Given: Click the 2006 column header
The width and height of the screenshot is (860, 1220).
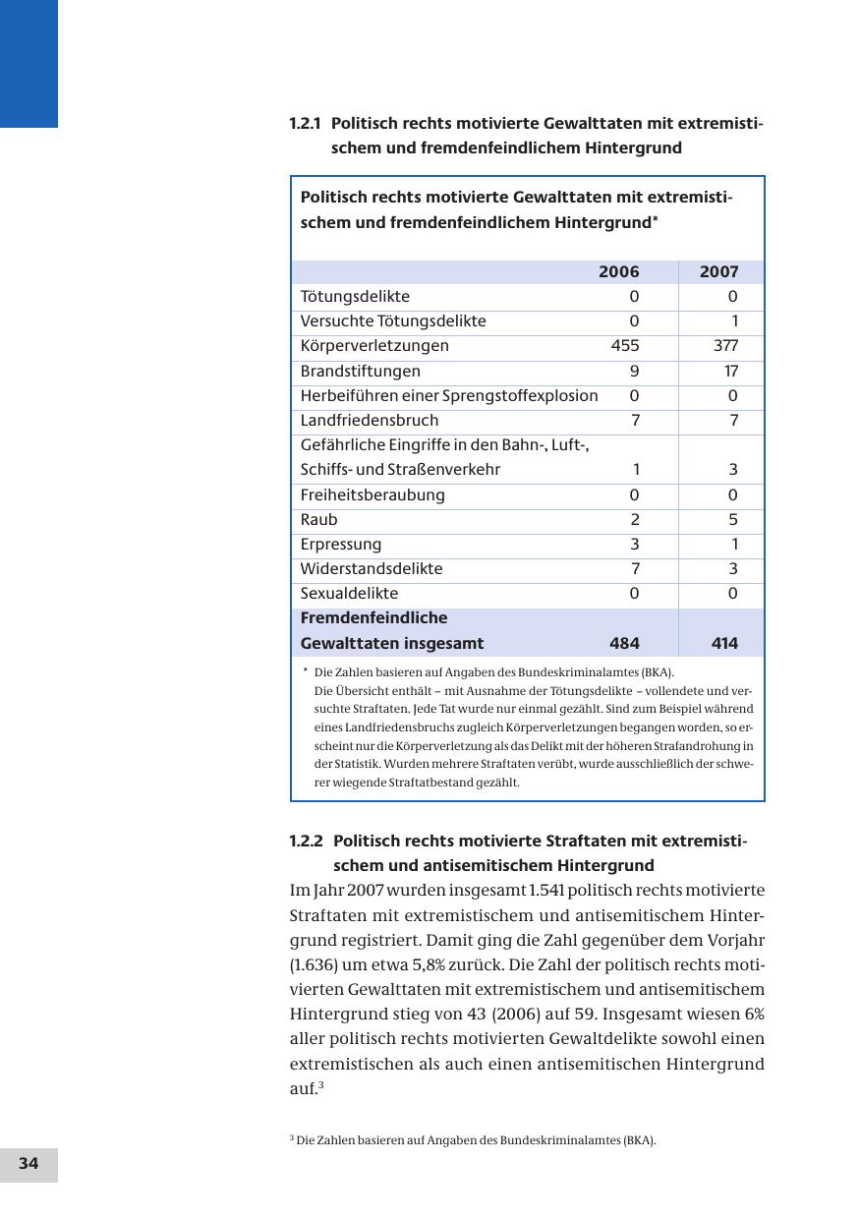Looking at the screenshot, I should [x=618, y=272].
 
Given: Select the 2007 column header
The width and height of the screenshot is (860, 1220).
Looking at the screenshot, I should [x=718, y=272].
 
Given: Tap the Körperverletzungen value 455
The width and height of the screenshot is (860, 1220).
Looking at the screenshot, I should [x=624, y=346].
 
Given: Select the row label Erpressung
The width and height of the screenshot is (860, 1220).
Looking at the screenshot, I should [x=340, y=545].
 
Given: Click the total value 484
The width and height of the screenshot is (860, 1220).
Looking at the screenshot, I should [x=624, y=644].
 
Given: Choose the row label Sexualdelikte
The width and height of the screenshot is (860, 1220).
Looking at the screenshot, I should [x=349, y=594].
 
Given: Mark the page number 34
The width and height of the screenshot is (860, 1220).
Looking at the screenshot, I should [x=29, y=1164].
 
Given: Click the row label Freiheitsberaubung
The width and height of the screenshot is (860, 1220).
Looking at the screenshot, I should [x=373, y=495].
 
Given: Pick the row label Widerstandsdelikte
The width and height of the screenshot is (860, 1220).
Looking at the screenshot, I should [x=372, y=569].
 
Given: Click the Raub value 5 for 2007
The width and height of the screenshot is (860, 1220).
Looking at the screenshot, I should [x=733, y=520].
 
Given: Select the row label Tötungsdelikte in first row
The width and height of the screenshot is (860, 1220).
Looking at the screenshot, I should [x=355, y=297].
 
